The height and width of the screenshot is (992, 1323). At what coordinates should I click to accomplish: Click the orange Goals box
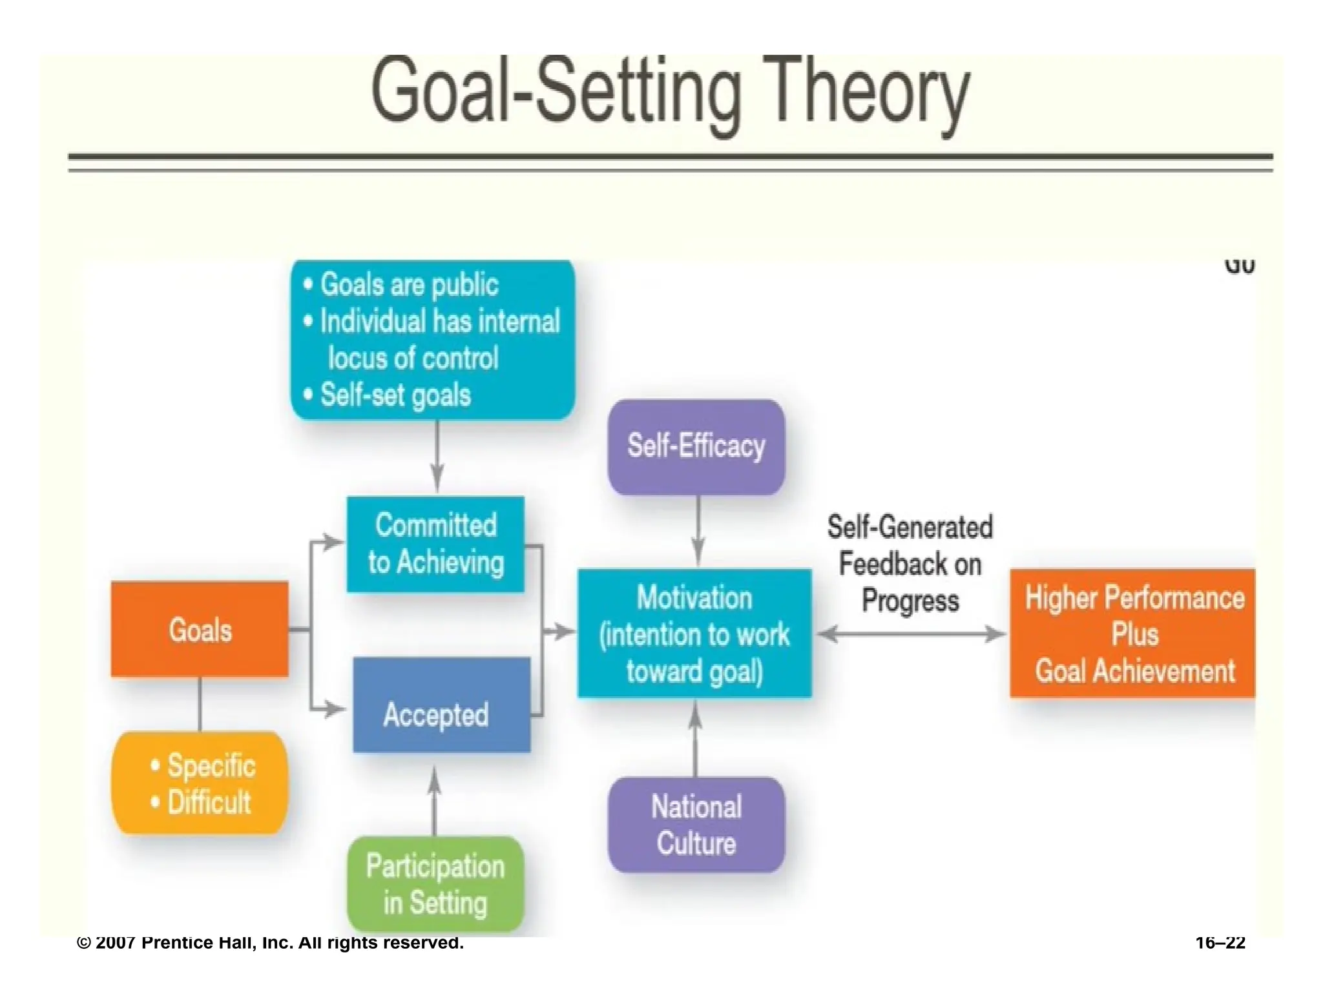(200, 629)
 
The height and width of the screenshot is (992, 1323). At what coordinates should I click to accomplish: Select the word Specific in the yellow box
(211, 765)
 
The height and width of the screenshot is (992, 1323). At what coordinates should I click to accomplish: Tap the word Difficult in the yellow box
(209, 802)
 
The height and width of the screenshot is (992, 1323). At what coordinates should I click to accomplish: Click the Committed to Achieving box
(435, 544)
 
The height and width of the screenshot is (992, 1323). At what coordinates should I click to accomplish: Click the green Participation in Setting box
(435, 884)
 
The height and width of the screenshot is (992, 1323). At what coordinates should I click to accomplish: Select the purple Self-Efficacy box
(696, 447)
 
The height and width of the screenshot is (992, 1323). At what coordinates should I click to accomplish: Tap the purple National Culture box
(696, 825)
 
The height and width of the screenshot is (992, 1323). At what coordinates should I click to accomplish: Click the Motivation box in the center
(694, 634)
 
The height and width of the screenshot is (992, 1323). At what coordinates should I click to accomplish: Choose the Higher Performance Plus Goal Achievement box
(1133, 634)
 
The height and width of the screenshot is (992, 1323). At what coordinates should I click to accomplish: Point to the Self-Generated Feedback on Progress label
(910, 563)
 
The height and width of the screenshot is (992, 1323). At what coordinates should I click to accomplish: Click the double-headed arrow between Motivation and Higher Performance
(911, 634)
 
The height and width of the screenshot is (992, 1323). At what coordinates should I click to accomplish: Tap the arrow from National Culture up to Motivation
(695, 739)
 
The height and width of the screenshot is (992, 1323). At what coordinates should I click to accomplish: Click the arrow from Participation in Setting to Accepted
(435, 801)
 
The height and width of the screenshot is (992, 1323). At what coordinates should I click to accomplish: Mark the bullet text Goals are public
(409, 285)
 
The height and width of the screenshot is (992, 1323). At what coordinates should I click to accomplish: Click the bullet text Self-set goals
(395, 395)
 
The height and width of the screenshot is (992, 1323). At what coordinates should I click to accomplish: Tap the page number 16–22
(1220, 943)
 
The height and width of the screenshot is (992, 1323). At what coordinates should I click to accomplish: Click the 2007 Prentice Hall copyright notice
(270, 943)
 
